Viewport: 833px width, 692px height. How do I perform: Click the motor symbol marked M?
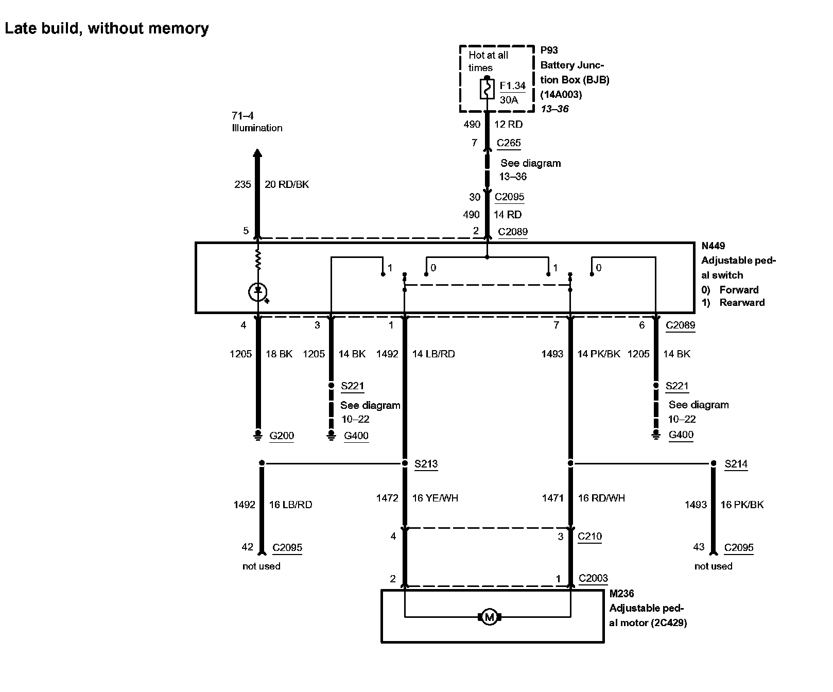coord(489,616)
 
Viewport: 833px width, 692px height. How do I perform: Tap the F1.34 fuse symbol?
coord(487,89)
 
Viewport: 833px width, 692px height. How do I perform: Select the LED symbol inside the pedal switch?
coord(257,292)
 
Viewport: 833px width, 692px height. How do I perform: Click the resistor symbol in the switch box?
coord(258,260)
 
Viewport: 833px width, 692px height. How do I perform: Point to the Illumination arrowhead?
coord(257,153)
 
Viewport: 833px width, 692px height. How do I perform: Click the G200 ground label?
coord(282,436)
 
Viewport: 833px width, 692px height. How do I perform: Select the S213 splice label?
coord(426,464)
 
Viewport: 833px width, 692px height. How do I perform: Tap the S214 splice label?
coord(736,464)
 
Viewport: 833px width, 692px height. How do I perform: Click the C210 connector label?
coord(589,536)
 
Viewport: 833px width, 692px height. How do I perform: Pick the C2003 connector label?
coord(593,578)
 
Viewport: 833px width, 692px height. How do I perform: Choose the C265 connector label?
coord(509,143)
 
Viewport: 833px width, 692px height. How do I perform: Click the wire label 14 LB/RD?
coord(433,354)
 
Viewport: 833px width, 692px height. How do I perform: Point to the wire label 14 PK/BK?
coord(599,354)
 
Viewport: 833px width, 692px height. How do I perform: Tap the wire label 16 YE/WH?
coord(435,498)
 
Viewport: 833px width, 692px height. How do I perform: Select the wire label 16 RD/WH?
coord(601,498)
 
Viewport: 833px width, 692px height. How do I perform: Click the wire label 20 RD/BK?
coord(287,184)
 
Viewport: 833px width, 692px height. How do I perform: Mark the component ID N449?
coord(713,246)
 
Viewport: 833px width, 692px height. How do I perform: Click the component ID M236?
coord(621,594)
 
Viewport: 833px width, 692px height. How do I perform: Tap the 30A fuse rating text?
coord(509,100)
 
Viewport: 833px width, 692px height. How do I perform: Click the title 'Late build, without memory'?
coord(107,28)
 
